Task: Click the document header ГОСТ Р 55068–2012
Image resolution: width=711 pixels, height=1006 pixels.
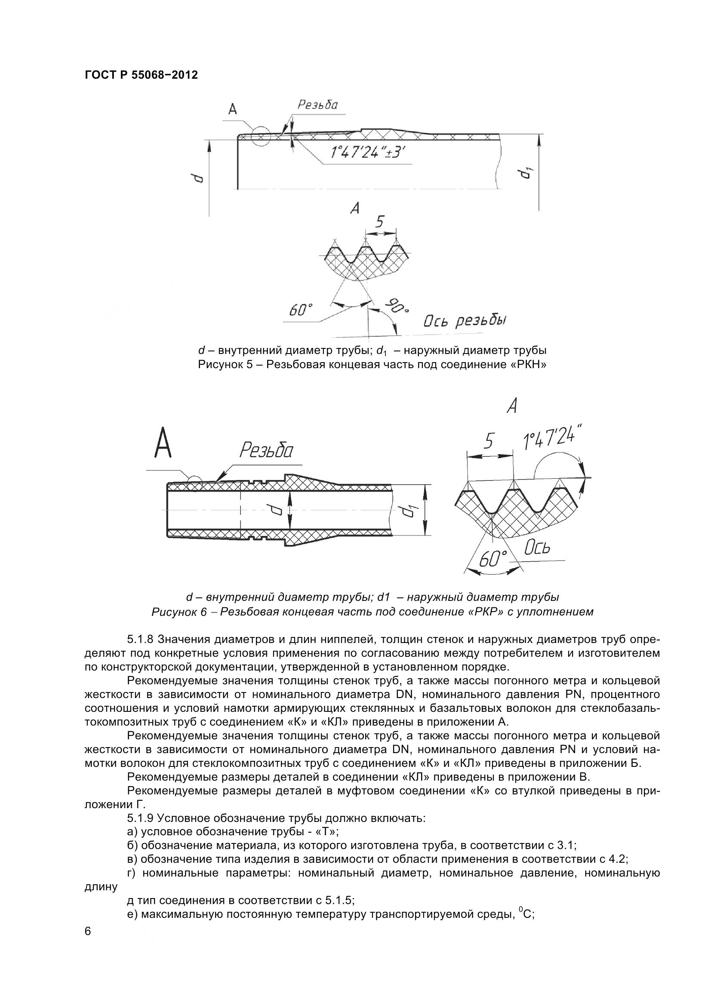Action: [x=141, y=75]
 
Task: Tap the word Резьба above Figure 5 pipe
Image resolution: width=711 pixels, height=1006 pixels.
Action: [x=318, y=104]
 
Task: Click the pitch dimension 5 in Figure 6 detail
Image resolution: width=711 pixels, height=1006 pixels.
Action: [x=489, y=441]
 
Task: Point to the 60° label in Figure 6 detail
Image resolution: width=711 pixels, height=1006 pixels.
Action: [x=493, y=559]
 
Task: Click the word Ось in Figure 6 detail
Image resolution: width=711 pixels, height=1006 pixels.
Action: [x=537, y=548]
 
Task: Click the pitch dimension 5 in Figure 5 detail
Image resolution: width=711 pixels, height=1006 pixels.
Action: [x=379, y=222]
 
